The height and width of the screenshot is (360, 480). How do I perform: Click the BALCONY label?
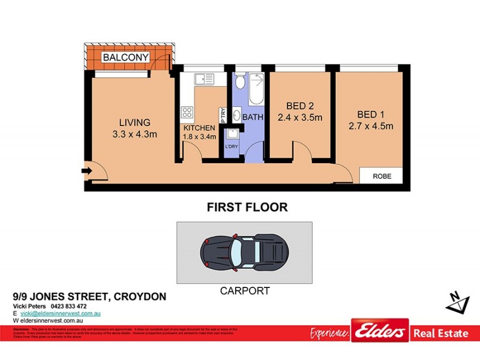[125, 58]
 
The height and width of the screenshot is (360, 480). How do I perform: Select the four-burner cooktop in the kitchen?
[187, 112]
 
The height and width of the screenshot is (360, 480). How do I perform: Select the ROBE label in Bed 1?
[382, 177]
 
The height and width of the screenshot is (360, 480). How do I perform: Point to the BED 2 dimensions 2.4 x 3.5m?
[300, 118]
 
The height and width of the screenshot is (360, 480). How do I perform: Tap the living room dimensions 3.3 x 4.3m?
[134, 134]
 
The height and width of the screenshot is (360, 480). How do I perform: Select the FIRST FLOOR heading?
[247, 208]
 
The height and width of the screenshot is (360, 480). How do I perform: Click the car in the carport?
[244, 251]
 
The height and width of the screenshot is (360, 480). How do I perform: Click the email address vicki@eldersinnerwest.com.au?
[60, 314]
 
